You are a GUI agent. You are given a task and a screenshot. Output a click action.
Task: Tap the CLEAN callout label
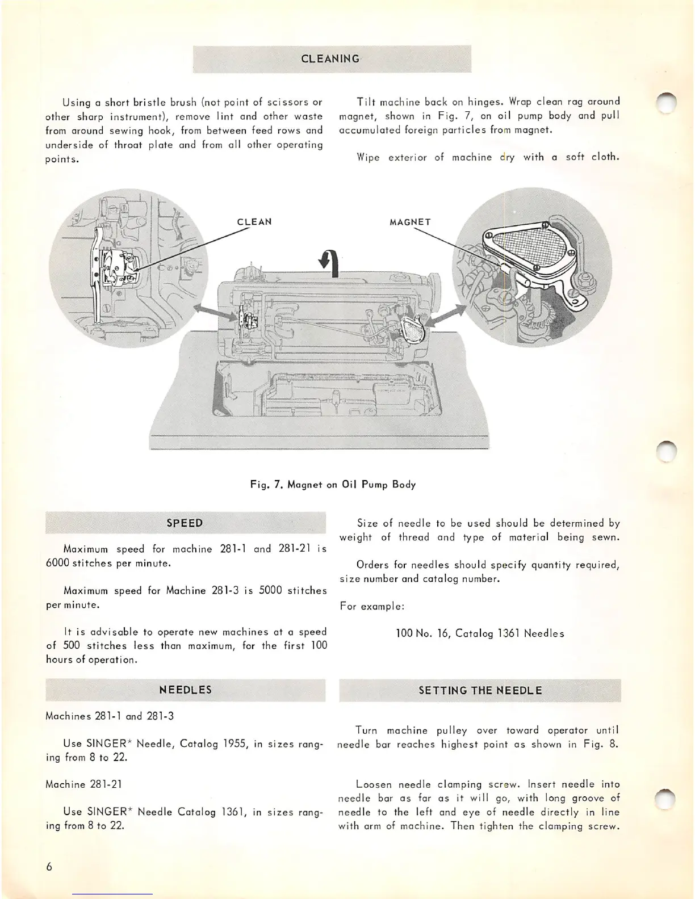[254, 222]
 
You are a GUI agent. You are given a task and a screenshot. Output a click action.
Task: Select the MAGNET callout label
[410, 222]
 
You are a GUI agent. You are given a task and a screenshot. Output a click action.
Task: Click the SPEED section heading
[185, 523]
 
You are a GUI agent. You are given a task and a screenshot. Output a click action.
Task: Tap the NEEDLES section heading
[185, 690]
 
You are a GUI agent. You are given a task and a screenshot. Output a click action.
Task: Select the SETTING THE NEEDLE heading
[480, 691]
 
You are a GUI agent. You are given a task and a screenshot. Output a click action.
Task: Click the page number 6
[50, 867]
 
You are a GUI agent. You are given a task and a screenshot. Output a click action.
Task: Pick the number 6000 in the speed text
[57, 564]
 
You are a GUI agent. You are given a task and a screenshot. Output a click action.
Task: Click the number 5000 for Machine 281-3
[270, 591]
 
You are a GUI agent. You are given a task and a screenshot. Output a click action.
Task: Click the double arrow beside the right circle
[447, 316]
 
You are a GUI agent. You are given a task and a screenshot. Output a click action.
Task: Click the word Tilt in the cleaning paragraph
[366, 102]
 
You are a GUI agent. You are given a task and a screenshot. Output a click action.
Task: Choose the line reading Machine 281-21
[83, 785]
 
